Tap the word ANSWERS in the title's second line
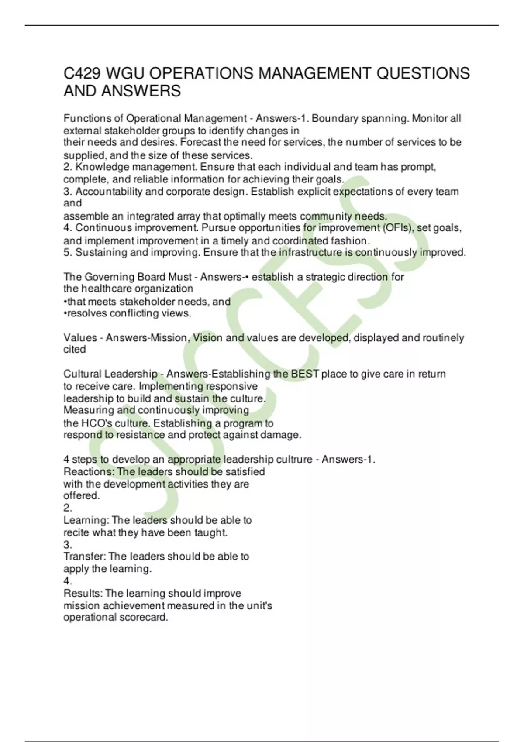click(141, 91)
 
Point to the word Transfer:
click(84, 556)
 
